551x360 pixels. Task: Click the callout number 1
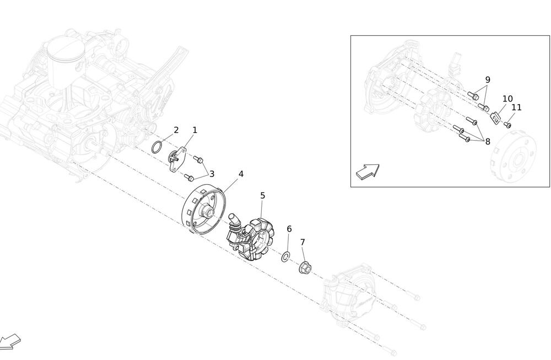(195, 130)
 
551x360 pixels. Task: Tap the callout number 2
(176, 130)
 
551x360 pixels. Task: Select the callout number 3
(212, 174)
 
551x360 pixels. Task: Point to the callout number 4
(241, 174)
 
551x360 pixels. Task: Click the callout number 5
(262, 196)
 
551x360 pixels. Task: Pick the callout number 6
(289, 229)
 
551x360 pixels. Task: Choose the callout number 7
(302, 242)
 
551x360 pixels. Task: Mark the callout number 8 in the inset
(488, 141)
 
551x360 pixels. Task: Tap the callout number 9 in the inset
(488, 79)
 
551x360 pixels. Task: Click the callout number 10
(507, 99)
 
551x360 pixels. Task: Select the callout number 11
(517, 107)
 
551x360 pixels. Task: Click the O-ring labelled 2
(157, 147)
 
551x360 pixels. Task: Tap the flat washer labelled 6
(285, 257)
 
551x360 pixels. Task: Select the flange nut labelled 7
(305, 268)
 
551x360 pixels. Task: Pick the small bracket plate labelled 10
(495, 118)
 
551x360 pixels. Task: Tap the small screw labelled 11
(507, 125)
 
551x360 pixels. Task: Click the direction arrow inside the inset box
(368, 171)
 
